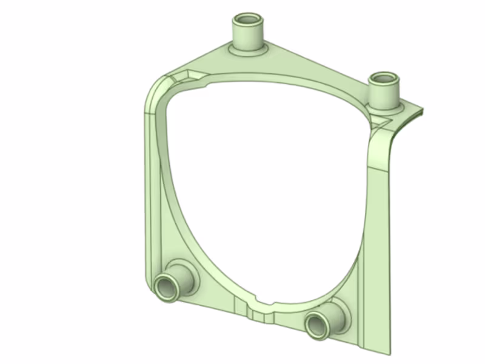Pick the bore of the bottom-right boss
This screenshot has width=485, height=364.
[x=316, y=326]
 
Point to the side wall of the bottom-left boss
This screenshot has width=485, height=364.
[x=182, y=276]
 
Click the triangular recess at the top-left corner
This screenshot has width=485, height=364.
[x=186, y=76]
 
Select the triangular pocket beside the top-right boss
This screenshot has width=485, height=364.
[x=382, y=122]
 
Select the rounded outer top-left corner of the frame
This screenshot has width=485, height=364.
[x=155, y=91]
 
